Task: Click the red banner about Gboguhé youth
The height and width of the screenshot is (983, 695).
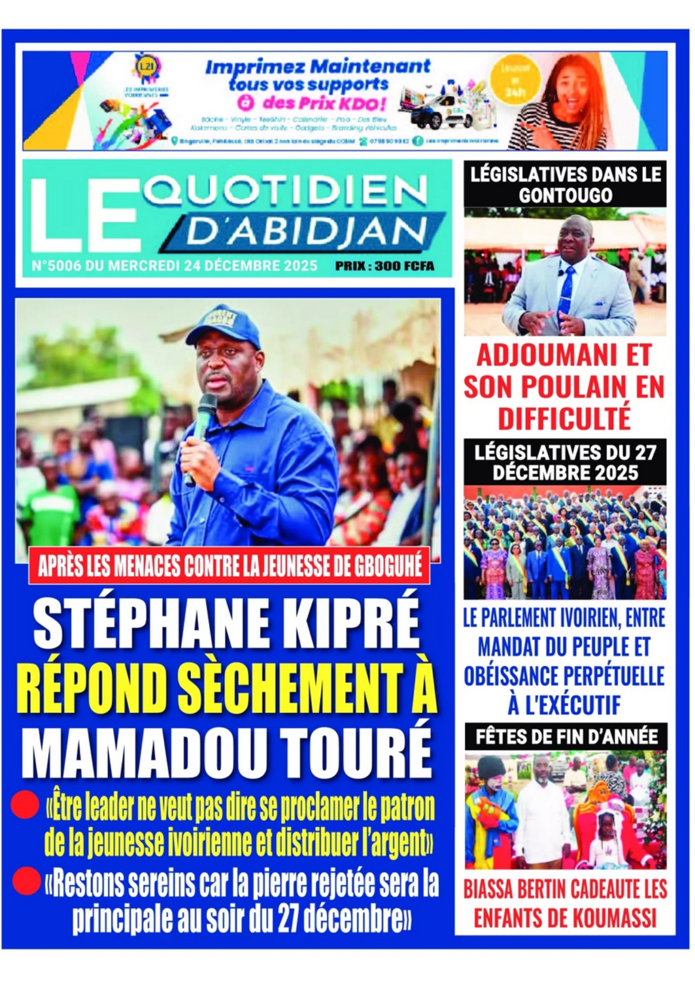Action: point(230,567)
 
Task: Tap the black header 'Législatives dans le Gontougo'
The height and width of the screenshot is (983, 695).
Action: point(565,184)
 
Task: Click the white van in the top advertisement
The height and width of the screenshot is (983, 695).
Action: point(440,112)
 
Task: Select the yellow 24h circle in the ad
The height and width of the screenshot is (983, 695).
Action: point(512,81)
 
